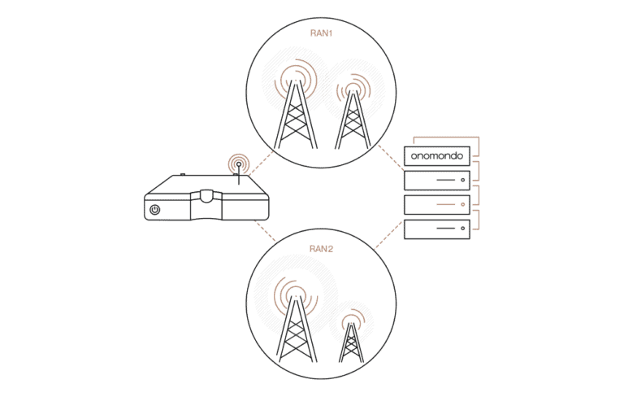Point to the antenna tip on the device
pos(238,164)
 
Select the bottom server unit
pos(438,229)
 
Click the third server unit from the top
pos(438,203)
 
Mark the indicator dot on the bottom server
pos(462,229)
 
